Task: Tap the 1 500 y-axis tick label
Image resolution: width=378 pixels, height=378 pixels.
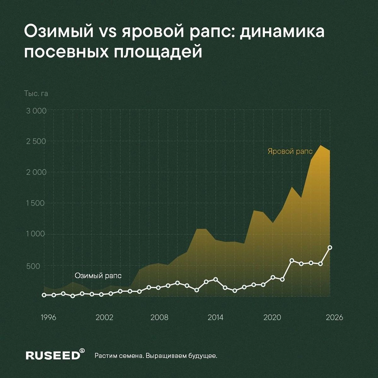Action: click(35, 203)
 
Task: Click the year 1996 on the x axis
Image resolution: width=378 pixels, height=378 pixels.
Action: click(48, 317)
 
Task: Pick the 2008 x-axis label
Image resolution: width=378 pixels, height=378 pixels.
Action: click(160, 317)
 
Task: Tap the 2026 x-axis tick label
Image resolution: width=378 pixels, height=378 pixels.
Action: click(334, 317)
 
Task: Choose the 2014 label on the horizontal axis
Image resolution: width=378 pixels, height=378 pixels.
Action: click(215, 317)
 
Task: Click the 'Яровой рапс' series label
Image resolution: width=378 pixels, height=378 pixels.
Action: click(290, 151)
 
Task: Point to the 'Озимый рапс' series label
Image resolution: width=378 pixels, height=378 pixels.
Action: click(98, 276)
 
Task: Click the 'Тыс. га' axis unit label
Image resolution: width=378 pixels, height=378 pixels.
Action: click(36, 94)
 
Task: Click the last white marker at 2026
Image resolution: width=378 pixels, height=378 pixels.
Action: click(330, 248)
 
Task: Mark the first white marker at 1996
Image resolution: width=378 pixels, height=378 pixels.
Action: click(44, 295)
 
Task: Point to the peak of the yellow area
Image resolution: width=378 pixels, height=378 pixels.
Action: click(321, 146)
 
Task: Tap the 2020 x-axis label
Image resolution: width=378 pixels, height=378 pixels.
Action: click(272, 317)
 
